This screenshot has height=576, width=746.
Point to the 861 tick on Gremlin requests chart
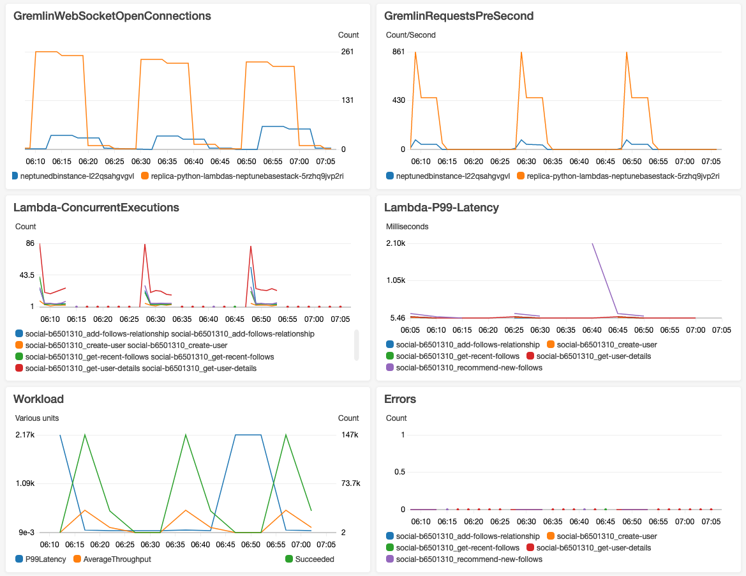[398, 52]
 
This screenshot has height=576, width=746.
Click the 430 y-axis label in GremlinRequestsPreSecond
[398, 100]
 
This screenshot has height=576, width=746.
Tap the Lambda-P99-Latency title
[442, 207]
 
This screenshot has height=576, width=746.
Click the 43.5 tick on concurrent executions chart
[26, 275]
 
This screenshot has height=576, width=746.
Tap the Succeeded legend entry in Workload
[314, 559]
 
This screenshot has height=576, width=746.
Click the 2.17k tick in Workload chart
[25, 435]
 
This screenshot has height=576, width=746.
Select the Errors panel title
[400, 398]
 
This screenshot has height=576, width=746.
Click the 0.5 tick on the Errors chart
[399, 472]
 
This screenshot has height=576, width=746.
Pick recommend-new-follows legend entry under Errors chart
[468, 559]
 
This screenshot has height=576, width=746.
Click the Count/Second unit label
[410, 35]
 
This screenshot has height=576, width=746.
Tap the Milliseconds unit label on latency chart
[407, 227]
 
